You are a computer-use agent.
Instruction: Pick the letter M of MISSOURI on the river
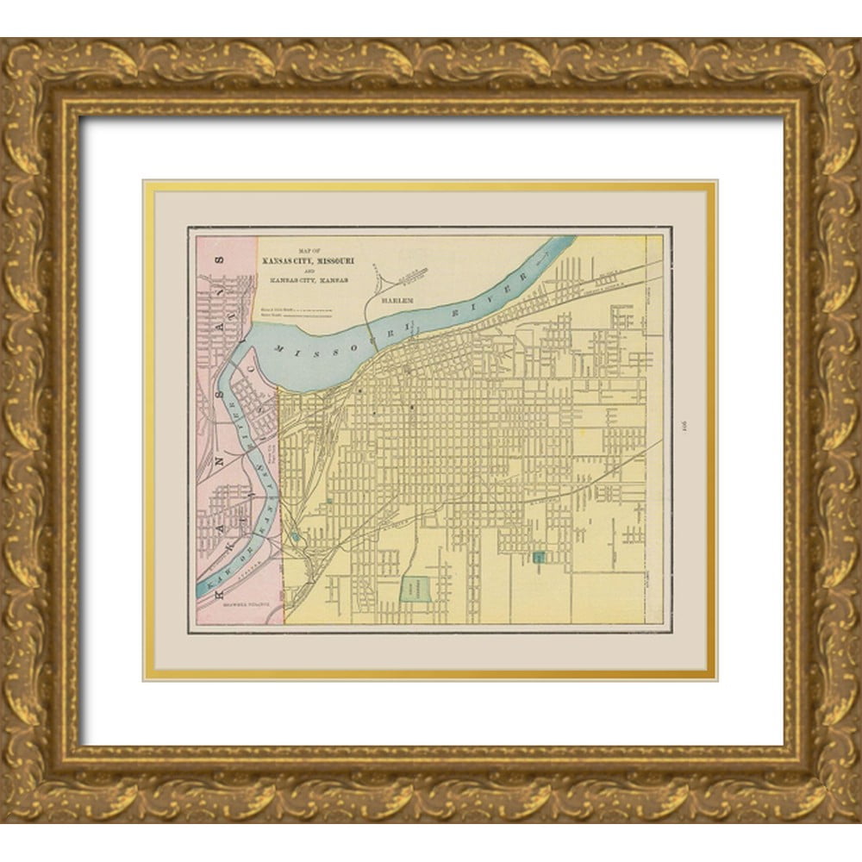pos(280,347)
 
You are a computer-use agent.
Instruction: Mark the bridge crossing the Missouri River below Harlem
pos(368,332)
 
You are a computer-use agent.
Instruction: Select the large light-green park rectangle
pos(417,589)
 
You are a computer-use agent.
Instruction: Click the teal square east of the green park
pos(540,558)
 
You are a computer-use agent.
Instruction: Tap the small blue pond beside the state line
pos(297,537)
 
